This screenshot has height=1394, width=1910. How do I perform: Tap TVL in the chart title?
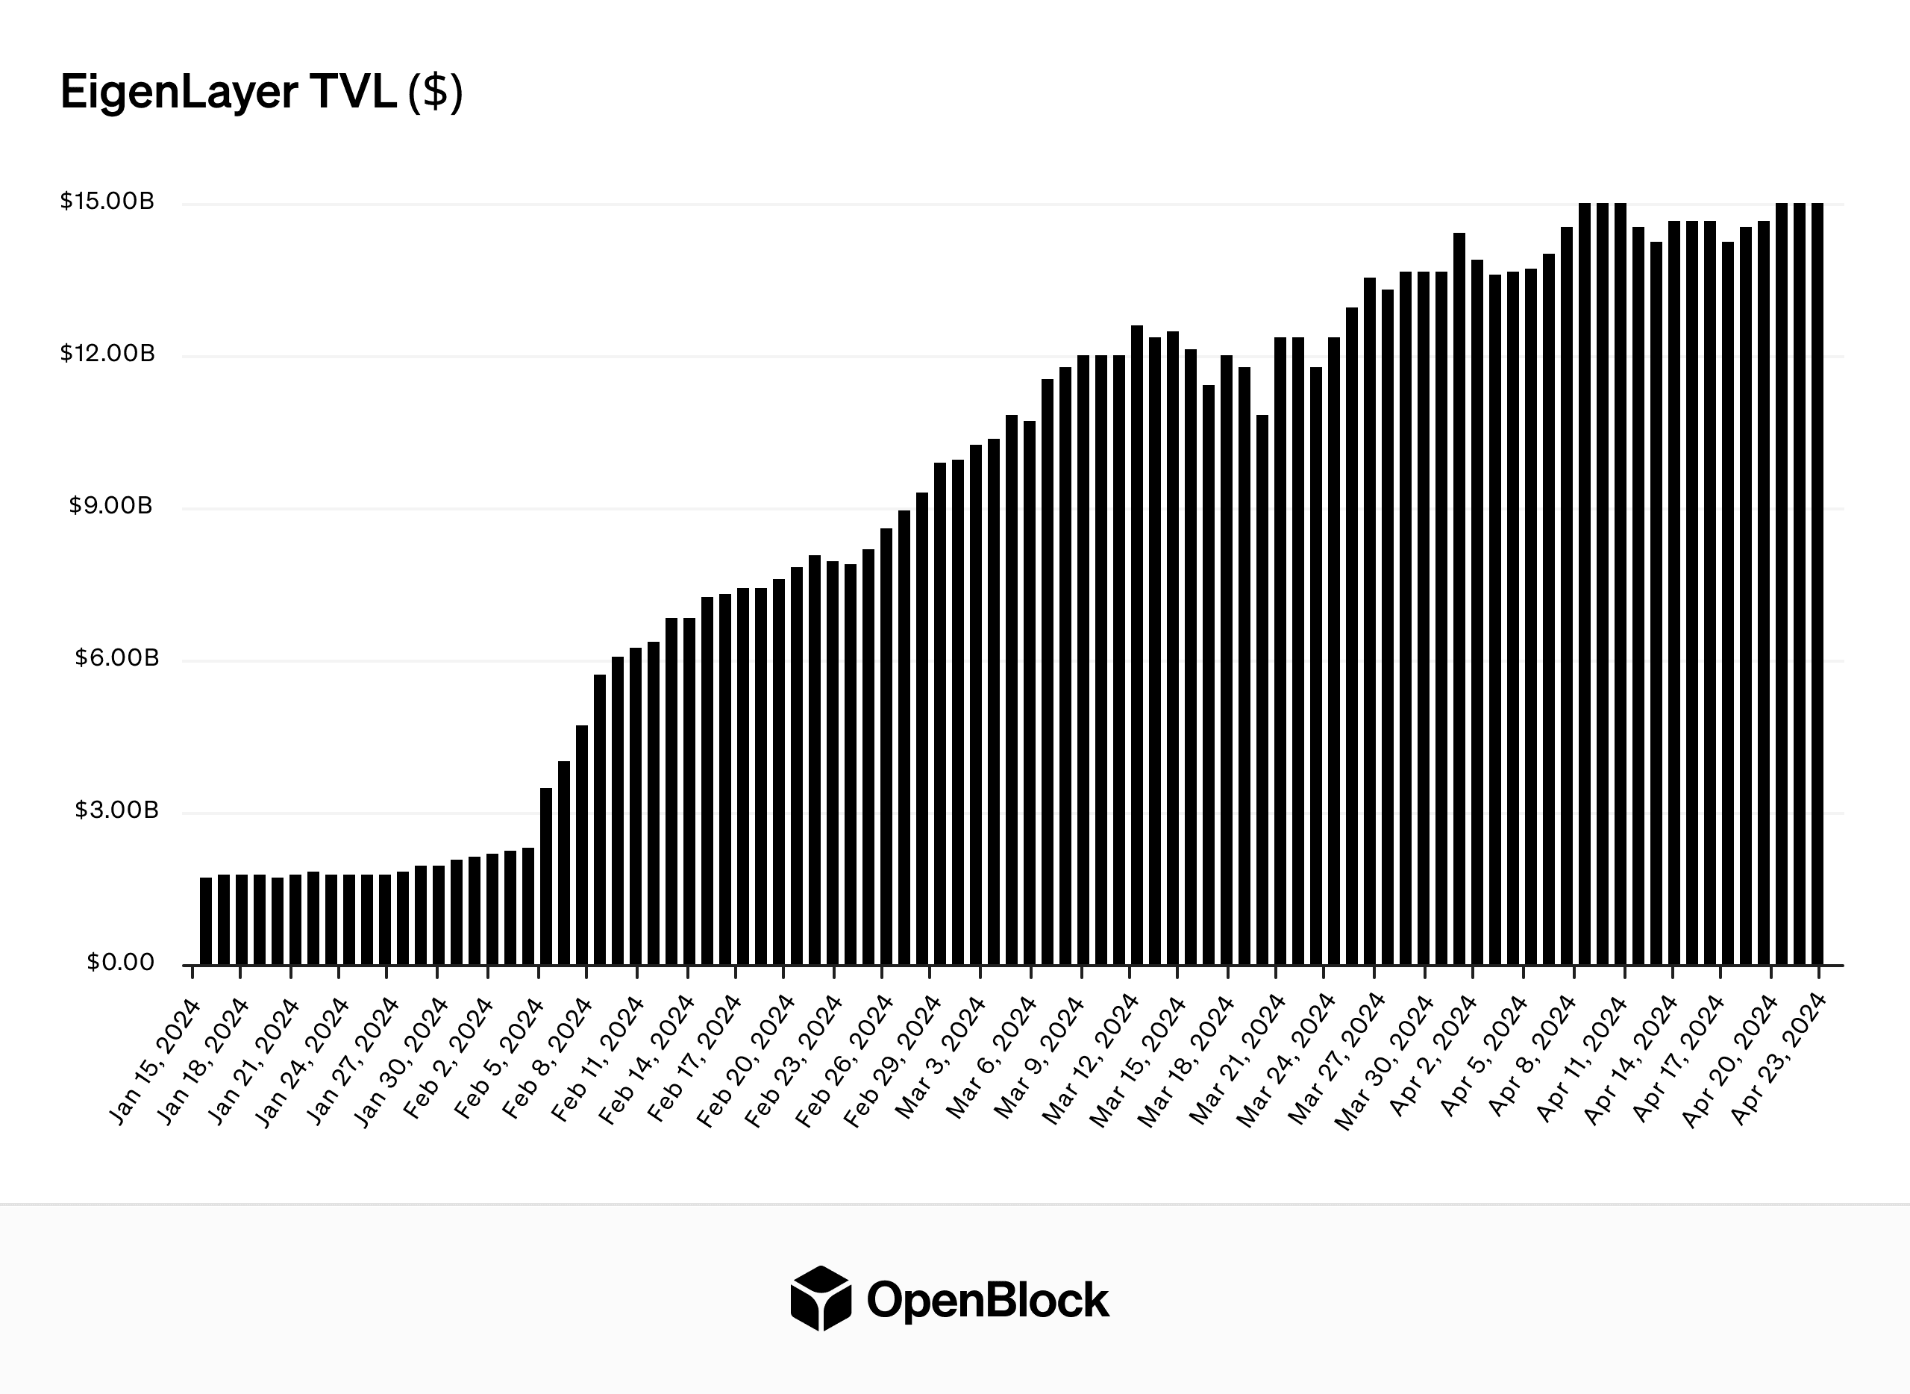pyautogui.click(x=354, y=92)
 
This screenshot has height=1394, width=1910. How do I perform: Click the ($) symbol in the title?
pyautogui.click(x=435, y=92)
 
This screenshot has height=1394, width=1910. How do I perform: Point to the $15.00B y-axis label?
pyautogui.click(x=107, y=201)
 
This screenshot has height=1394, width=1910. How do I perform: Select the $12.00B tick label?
pyautogui.click(x=107, y=354)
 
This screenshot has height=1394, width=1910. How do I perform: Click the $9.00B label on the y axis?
pyautogui.click(x=110, y=506)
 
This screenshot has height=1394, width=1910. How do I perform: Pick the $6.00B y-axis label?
pyautogui.click(x=116, y=658)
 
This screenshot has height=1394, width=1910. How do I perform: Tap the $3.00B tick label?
pyautogui.click(x=116, y=811)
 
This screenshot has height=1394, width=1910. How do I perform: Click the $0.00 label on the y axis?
pyautogui.click(x=121, y=963)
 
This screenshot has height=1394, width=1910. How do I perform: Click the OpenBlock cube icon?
pyautogui.click(x=820, y=1298)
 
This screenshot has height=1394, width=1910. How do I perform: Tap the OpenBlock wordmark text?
pyautogui.click(x=988, y=1300)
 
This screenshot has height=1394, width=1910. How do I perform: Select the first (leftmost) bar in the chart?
pyautogui.click(x=206, y=921)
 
